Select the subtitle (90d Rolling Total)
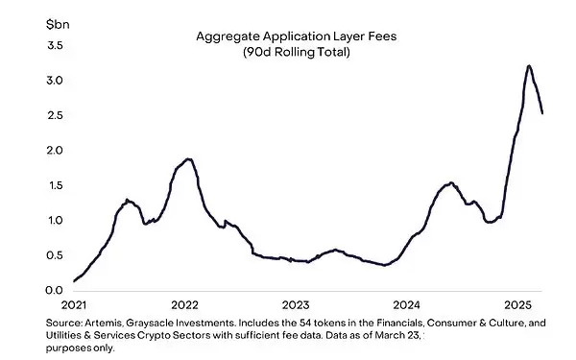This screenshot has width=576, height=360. pyautogui.click(x=296, y=52)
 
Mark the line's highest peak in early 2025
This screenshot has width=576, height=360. pyautogui.click(x=529, y=65)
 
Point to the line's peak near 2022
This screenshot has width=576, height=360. pyautogui.click(x=189, y=159)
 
